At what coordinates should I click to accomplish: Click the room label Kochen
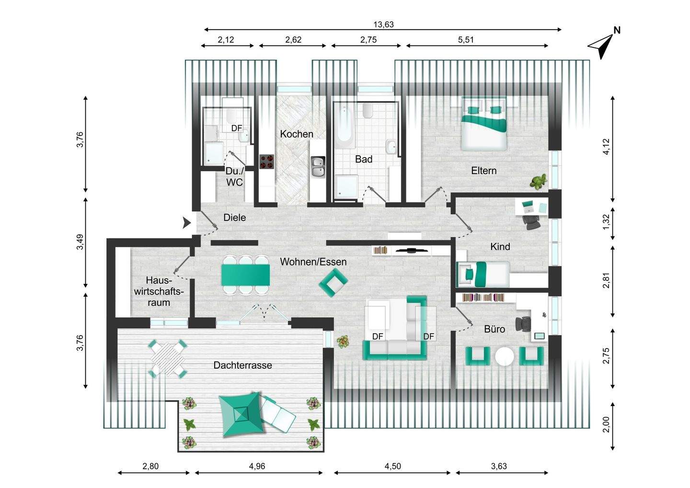tap(296, 134)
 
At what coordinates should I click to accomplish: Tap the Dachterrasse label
tap(243, 365)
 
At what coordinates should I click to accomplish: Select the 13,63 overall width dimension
tap(383, 24)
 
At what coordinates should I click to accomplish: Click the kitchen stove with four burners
tap(267, 162)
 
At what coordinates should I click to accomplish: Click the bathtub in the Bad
tap(344, 127)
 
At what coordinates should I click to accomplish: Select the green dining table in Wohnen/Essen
tap(245, 275)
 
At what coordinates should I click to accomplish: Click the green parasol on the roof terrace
tap(241, 414)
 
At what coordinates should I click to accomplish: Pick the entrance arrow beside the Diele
tap(186, 223)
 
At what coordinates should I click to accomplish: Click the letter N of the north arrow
tap(617, 30)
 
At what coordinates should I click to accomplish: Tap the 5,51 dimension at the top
tap(466, 40)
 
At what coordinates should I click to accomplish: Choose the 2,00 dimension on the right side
tap(606, 425)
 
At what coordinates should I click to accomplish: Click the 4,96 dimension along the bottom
tap(257, 466)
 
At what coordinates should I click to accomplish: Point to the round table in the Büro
tap(504, 357)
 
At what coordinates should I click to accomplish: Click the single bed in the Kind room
tap(483, 274)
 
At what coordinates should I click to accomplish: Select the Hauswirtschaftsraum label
tap(159, 291)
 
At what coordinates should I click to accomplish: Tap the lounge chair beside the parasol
tap(277, 414)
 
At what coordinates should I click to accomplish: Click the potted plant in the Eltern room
tap(538, 181)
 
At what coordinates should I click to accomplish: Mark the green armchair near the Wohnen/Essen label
tap(333, 282)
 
